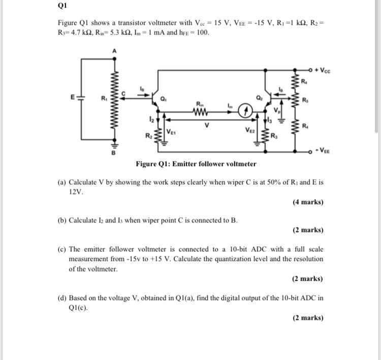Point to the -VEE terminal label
(x=323, y=151)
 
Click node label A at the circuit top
(x=114, y=50)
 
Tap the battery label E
(x=73, y=96)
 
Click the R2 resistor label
(x=149, y=136)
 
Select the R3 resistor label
(x=274, y=136)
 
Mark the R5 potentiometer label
(x=304, y=100)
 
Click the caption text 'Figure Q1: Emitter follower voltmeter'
(x=196, y=164)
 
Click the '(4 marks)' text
(x=308, y=202)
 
